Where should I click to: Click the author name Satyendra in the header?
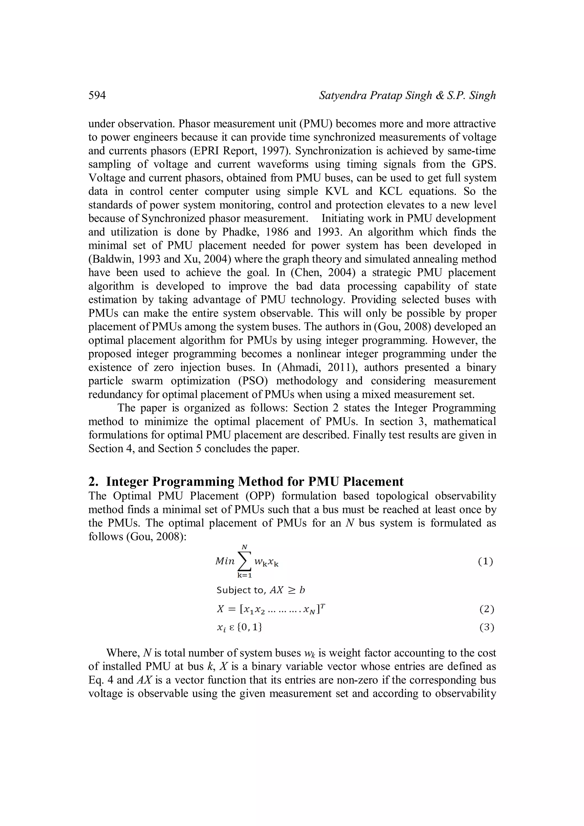pyautogui.click(x=341, y=96)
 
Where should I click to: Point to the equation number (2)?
pyautogui.click(x=486, y=609)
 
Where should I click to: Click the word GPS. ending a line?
pyautogui.click(x=484, y=164)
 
